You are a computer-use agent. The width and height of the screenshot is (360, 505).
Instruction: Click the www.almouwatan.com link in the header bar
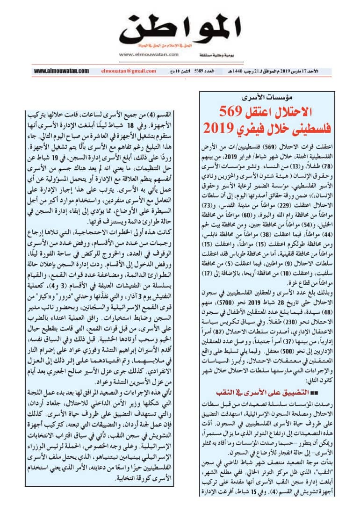click(61, 71)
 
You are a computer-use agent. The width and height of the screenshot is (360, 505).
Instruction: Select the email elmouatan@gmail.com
click(128, 71)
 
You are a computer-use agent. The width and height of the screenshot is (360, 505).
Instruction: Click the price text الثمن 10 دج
click(180, 71)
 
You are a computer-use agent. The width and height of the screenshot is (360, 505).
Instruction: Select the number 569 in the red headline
click(230, 112)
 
